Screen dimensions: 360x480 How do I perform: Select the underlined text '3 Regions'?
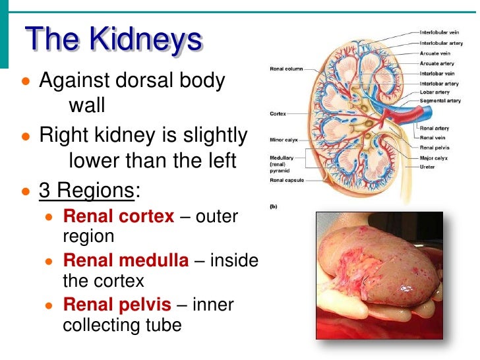coord(87,191)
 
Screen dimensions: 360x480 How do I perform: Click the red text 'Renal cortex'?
coord(119,216)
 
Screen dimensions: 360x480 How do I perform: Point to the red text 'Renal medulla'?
coord(125,261)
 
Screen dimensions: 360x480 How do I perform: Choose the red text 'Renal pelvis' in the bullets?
coord(117,305)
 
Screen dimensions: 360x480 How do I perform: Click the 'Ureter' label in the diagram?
coord(428,167)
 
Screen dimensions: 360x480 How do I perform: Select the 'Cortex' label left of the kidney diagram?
coord(278,114)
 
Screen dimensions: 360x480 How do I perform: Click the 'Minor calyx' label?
coord(285,140)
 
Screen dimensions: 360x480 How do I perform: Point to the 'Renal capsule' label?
coord(287,180)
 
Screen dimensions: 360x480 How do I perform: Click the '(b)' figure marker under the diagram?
coord(274,206)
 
